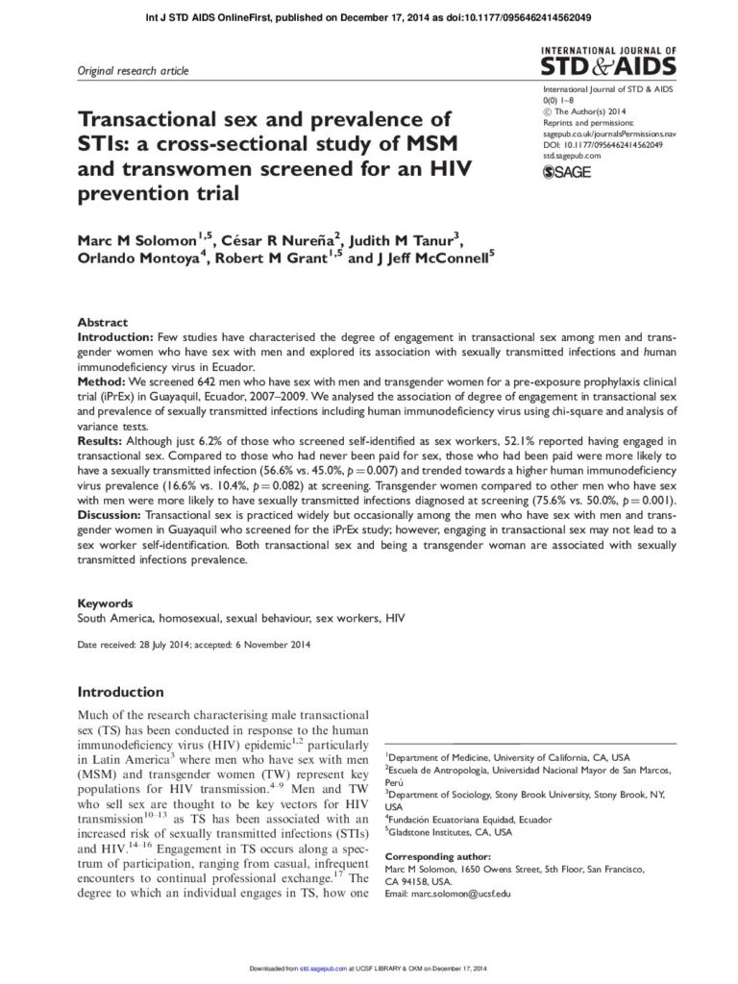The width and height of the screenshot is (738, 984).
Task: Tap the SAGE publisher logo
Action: (x=567, y=172)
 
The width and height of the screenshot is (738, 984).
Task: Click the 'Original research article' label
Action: (x=133, y=71)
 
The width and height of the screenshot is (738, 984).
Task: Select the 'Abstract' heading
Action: (x=102, y=324)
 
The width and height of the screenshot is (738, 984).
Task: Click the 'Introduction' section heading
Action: (x=120, y=692)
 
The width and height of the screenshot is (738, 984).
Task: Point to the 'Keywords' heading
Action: (x=105, y=603)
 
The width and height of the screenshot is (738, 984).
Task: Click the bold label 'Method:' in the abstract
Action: (x=102, y=381)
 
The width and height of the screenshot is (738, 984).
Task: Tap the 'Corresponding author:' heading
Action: (x=437, y=856)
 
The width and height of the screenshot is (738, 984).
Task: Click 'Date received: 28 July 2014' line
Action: (x=133, y=644)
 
